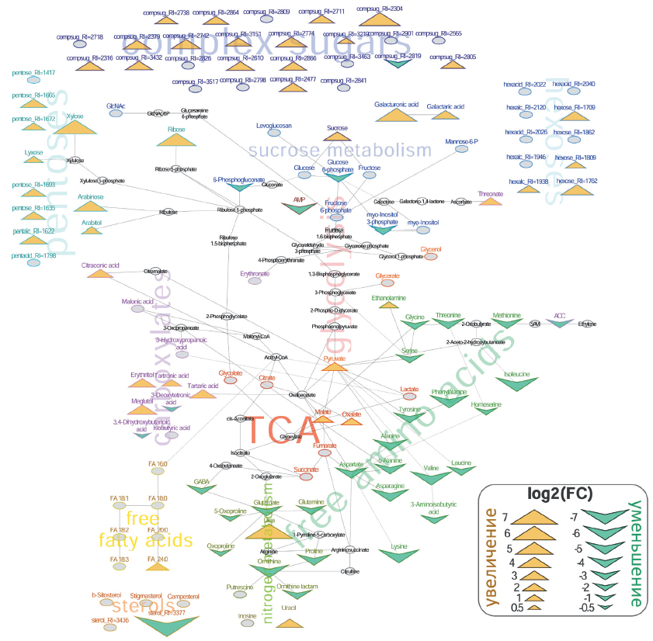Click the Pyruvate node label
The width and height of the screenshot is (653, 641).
[334, 359]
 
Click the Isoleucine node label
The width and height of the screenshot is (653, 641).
[516, 373]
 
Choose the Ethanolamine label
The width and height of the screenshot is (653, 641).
[388, 296]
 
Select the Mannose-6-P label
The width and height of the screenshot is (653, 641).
[461, 142]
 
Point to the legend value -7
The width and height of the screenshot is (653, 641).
[573, 516]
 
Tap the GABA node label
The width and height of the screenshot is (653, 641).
[202, 482]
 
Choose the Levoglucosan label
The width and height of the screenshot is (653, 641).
[274, 125]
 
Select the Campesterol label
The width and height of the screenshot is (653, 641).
[183, 596]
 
